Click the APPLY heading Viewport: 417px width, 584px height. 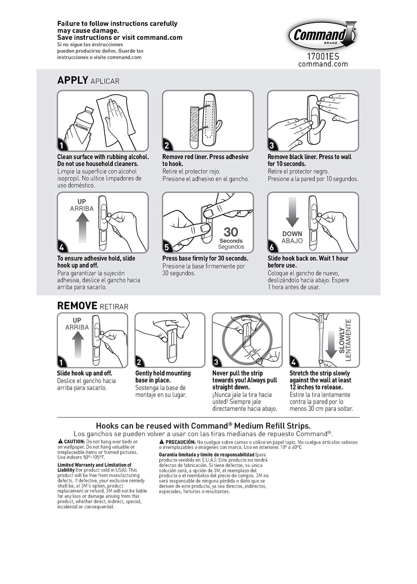point(73,80)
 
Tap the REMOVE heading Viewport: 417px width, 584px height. point(77,306)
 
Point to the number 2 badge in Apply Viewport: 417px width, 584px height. point(166,146)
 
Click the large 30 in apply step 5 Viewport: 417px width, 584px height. point(231,232)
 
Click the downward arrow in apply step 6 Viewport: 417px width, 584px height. point(292,212)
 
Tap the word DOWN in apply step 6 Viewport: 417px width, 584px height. point(292,234)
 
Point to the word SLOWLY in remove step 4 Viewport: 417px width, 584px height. point(342,341)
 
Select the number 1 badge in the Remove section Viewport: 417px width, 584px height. point(61,362)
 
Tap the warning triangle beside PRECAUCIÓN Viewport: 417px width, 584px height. point(162,442)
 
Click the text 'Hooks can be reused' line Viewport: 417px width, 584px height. point(203,426)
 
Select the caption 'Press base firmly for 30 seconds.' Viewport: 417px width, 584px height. point(205,258)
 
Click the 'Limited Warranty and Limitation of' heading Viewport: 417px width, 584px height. point(94,465)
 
